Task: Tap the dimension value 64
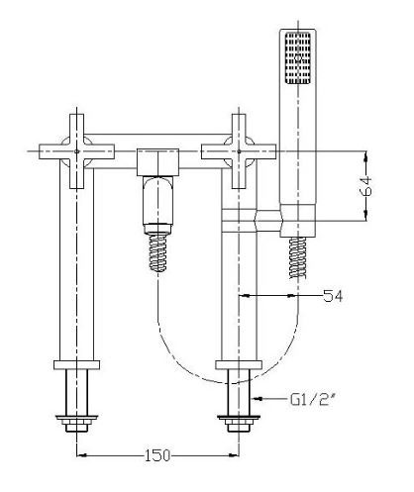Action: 368,187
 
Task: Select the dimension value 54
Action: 334,295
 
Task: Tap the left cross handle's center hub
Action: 77,150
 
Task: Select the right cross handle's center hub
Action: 238,150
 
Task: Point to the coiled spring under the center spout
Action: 157,247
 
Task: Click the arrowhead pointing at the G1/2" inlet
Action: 258,399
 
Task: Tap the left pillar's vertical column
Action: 77,267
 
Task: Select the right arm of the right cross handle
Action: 262,150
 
